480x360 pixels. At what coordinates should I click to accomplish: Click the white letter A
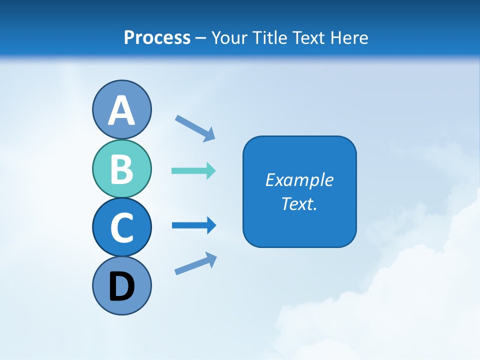[x=121, y=110]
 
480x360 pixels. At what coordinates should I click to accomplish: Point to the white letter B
[x=121, y=169]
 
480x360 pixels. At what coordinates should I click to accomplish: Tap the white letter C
[x=121, y=228]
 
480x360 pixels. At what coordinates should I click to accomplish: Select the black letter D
[x=121, y=286]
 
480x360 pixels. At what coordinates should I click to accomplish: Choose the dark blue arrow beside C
[x=193, y=225]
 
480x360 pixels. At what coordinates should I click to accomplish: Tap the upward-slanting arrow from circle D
[x=195, y=263]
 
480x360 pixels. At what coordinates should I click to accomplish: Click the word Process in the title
[x=157, y=37]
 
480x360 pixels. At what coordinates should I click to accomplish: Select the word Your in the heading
[x=230, y=37]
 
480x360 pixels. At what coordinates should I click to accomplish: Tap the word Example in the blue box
[x=299, y=180]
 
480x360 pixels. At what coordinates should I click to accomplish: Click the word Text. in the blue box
[x=299, y=203]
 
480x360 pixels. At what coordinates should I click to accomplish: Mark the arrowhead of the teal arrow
[x=211, y=171]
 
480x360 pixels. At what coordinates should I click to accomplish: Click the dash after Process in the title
[x=201, y=38]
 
